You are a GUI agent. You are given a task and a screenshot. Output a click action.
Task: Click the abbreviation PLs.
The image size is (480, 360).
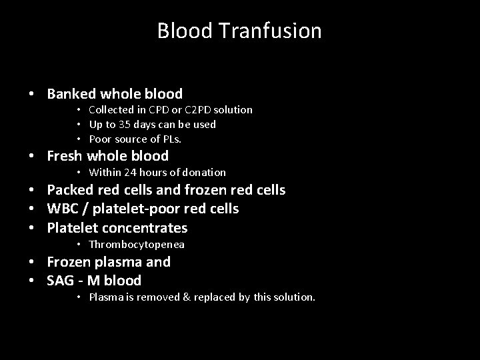171,139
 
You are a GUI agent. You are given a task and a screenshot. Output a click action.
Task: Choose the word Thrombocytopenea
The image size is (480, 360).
137,245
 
